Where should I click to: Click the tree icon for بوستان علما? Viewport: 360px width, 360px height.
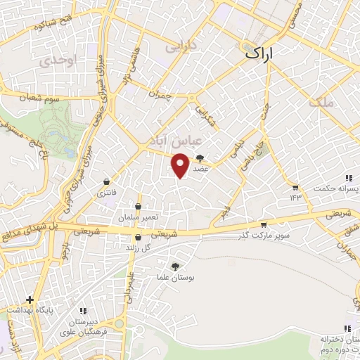point(174,266)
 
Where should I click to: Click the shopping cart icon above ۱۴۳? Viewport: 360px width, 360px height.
point(295,188)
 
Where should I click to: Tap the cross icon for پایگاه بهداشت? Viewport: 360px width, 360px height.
point(30,300)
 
